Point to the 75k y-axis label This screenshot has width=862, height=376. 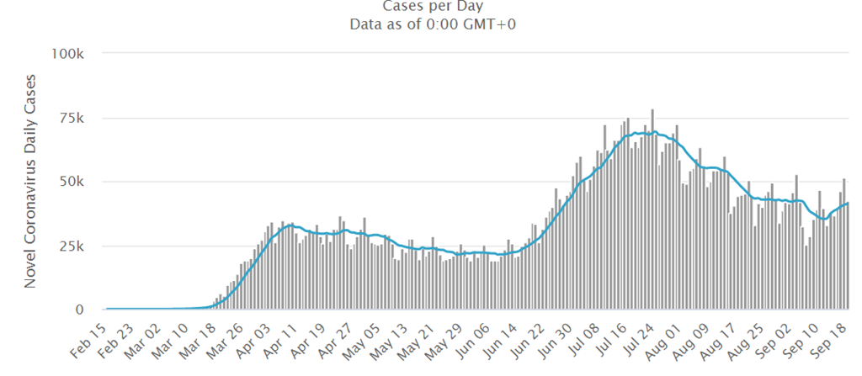[x=70, y=118]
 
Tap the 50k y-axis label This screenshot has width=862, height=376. [x=70, y=182]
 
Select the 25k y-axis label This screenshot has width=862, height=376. [x=70, y=246]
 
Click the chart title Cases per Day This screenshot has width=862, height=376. [x=432, y=7]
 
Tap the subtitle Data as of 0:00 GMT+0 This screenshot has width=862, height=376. [x=432, y=24]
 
